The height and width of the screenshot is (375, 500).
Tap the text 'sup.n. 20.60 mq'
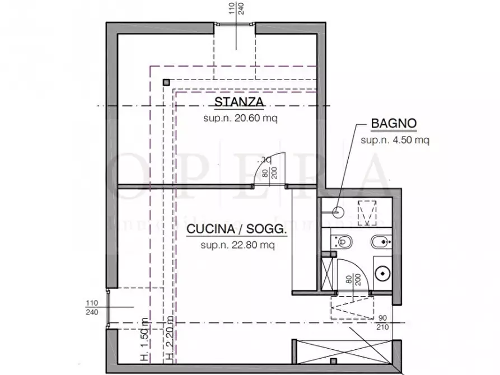[x=240, y=118]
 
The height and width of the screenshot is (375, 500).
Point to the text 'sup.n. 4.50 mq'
[x=395, y=140]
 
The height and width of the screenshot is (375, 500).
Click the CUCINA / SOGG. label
[x=237, y=229]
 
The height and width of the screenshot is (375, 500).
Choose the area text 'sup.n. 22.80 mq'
[x=237, y=245]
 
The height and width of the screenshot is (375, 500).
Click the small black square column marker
[x=166, y=82]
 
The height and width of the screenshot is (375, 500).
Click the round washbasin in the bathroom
[x=383, y=273]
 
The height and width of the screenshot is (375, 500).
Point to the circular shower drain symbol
[x=338, y=212]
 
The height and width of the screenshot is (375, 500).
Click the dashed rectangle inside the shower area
[x=367, y=211]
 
